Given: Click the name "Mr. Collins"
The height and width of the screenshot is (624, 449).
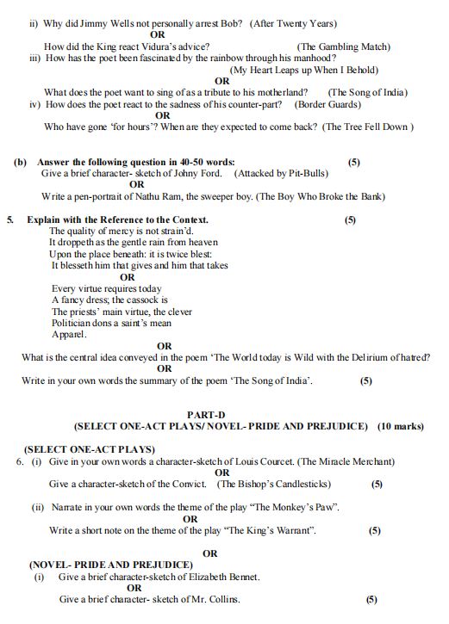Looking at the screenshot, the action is click(215, 599).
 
